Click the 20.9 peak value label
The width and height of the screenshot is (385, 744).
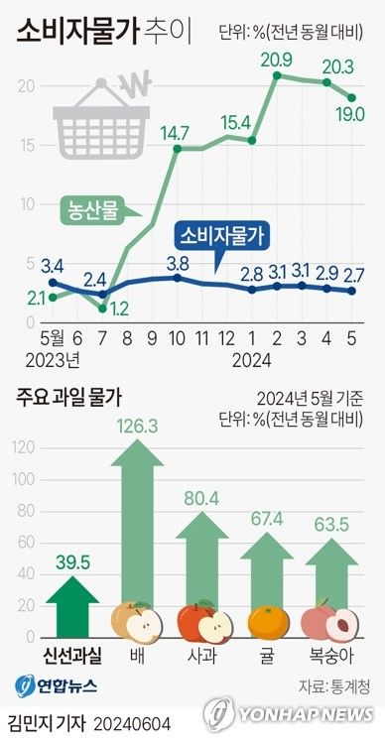click(276, 61)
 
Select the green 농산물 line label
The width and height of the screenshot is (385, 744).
click(90, 211)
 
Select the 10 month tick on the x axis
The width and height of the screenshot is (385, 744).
click(177, 336)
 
